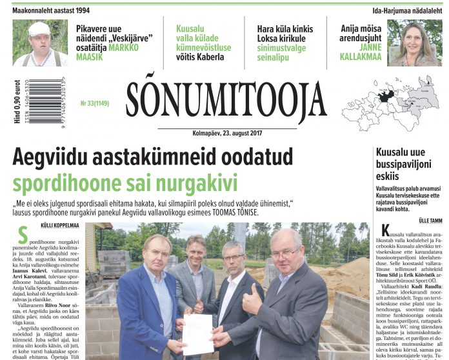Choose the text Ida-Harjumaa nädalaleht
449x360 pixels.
point(408,10)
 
